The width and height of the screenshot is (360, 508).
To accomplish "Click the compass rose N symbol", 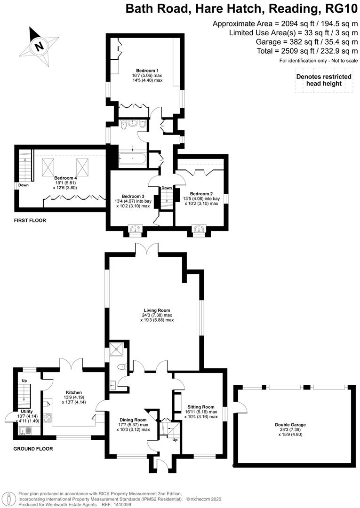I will [x=40, y=47].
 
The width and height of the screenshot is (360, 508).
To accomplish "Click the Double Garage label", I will [x=290, y=425].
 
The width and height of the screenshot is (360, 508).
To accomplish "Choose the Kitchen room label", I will [x=74, y=392].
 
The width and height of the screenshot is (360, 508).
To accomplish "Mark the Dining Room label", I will [x=133, y=420].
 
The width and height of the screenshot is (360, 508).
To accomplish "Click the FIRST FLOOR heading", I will [x=30, y=220].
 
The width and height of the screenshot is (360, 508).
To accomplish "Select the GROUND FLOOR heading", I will [x=33, y=449].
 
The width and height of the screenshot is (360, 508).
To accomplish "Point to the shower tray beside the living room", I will [x=118, y=349].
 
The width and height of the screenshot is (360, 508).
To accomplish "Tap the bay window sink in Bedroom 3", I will [x=136, y=230].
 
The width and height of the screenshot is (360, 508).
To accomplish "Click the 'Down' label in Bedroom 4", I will [x=23, y=185].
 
